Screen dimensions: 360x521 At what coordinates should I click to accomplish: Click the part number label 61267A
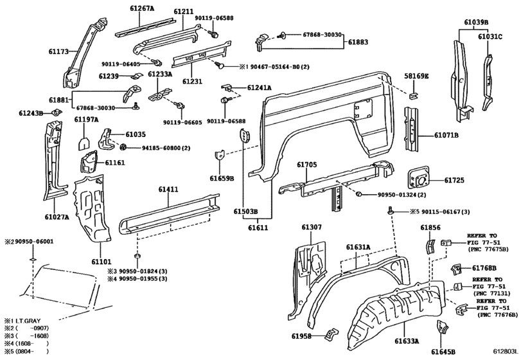(x=137, y=9)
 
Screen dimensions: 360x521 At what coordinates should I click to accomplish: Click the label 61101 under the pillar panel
(x=102, y=262)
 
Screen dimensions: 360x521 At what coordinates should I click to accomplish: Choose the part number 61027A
(x=57, y=217)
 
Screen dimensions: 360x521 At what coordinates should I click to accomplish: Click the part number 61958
(x=302, y=336)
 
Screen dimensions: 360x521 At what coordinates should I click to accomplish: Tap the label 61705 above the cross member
(x=307, y=165)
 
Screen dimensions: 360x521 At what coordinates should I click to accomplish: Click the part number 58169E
(x=416, y=76)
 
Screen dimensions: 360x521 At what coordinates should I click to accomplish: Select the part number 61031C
(x=490, y=37)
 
